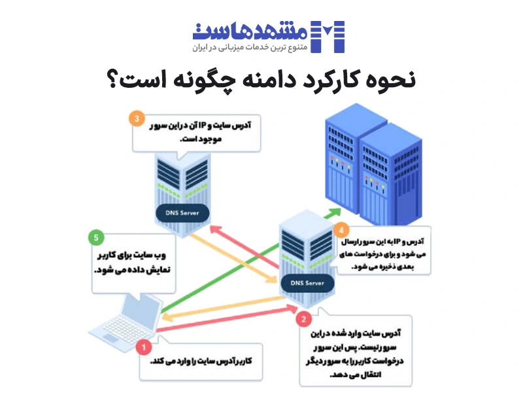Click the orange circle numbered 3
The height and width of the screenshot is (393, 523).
(x=136, y=120)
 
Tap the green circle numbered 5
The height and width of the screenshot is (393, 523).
(x=96, y=237)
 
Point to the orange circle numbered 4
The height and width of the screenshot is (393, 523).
(x=341, y=230)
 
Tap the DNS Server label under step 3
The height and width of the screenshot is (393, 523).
(x=182, y=213)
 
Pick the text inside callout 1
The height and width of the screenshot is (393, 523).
(x=206, y=362)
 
